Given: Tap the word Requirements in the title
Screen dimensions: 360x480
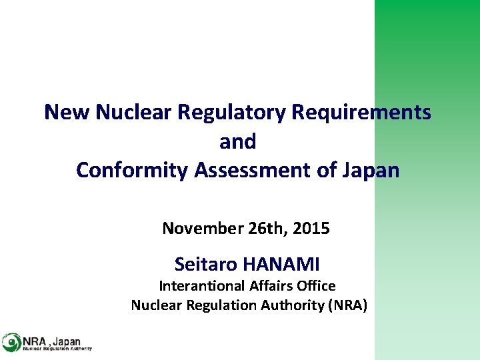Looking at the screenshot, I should click(x=361, y=112).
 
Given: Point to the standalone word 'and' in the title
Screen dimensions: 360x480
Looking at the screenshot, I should click(x=237, y=141).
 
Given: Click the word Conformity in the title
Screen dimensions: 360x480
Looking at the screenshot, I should click(x=133, y=170).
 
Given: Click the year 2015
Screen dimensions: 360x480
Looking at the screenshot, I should click(x=311, y=229).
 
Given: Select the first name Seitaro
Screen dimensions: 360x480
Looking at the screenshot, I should click(x=206, y=265).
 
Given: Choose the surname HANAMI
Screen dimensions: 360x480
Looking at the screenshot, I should click(x=281, y=265).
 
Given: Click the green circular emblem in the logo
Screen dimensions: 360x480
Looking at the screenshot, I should click(x=11, y=342).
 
